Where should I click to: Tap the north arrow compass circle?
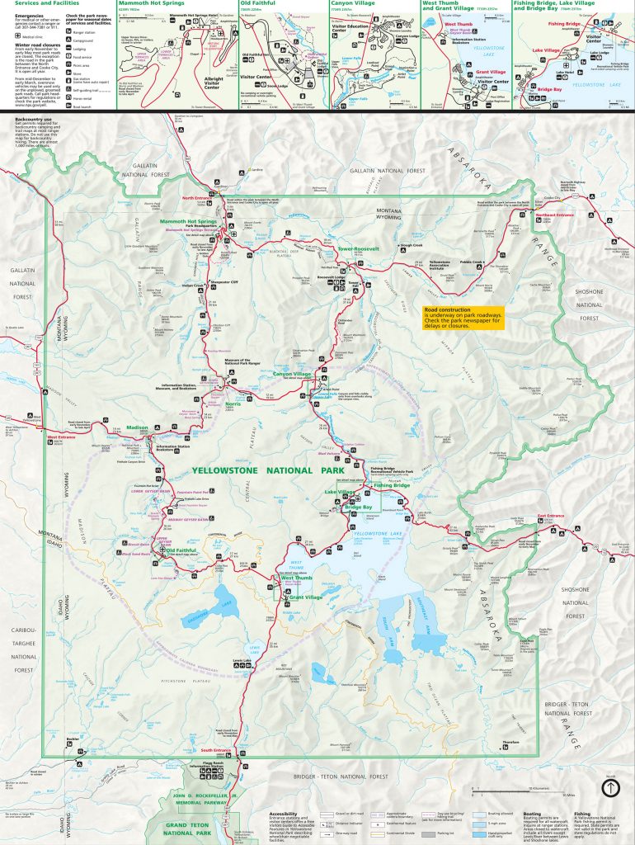coord(609,788)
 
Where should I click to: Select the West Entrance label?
coord(60,437)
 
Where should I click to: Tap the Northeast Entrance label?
coord(553,215)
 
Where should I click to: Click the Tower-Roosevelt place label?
coord(355,248)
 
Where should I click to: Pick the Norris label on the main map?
coord(233,404)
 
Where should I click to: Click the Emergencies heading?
coord(29,16)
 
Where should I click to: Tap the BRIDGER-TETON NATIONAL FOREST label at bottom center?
coord(338,777)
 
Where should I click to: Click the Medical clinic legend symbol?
coord(18,36)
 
